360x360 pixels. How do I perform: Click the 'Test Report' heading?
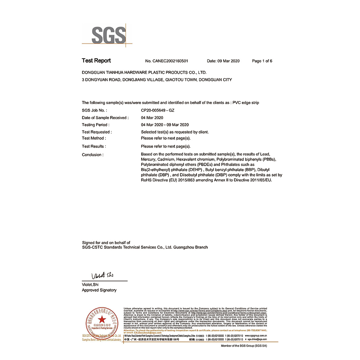pos(96,60)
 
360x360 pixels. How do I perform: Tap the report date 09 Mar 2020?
pos(223,61)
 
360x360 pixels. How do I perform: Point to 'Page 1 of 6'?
pos(262,61)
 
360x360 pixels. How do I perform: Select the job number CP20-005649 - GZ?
pos(157,111)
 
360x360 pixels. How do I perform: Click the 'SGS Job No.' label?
pos(94,111)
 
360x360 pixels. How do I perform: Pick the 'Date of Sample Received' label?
pos(105,118)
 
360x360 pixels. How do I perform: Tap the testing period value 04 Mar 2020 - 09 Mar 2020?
pos(165,125)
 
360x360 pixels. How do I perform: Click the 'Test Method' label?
pos(94,138)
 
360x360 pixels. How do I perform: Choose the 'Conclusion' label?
pos(93,155)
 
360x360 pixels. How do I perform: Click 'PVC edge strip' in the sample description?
pos(246,103)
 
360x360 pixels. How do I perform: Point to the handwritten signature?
pos(102,276)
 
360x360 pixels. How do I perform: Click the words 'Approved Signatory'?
pos(99,290)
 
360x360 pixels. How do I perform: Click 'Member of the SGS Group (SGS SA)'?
pos(247,346)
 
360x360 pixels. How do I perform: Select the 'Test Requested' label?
pos(96,132)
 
